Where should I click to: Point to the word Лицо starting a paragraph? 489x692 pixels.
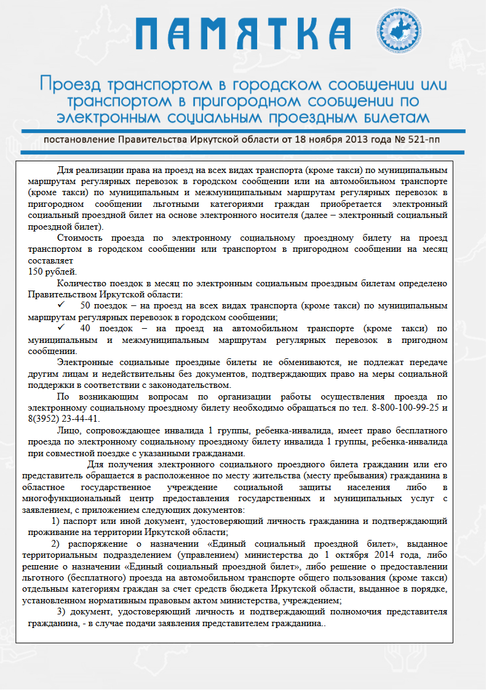tap(68, 430)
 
